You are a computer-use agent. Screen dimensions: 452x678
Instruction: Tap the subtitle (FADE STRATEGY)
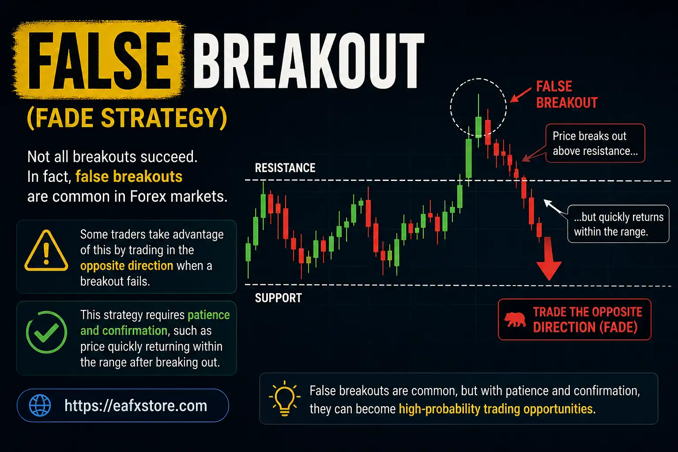click(x=127, y=118)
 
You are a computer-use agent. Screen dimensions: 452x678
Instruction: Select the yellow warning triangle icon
click(x=46, y=252)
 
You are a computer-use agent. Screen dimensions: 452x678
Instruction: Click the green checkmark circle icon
click(x=46, y=332)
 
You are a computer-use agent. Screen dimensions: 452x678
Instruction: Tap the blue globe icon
click(x=40, y=405)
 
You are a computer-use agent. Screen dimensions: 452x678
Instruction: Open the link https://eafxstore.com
click(x=136, y=406)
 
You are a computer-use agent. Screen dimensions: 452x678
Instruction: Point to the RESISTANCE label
click(x=285, y=168)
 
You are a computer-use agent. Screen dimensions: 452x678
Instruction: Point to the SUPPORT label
click(x=279, y=298)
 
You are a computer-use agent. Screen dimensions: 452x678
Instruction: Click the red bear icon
click(x=515, y=320)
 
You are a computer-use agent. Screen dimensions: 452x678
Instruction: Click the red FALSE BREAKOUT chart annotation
click(x=567, y=94)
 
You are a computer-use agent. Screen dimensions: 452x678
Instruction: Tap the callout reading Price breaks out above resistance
click(x=595, y=143)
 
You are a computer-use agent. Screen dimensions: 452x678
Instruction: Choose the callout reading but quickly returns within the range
click(x=618, y=224)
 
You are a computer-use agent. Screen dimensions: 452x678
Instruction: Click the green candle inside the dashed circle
click(x=478, y=127)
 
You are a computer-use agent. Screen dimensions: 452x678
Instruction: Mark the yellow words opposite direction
click(x=127, y=266)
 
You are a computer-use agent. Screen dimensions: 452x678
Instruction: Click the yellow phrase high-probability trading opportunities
click(x=496, y=409)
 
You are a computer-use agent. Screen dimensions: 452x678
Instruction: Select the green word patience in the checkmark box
click(x=209, y=315)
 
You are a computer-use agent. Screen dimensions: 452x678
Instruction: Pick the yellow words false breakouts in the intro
click(x=129, y=177)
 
